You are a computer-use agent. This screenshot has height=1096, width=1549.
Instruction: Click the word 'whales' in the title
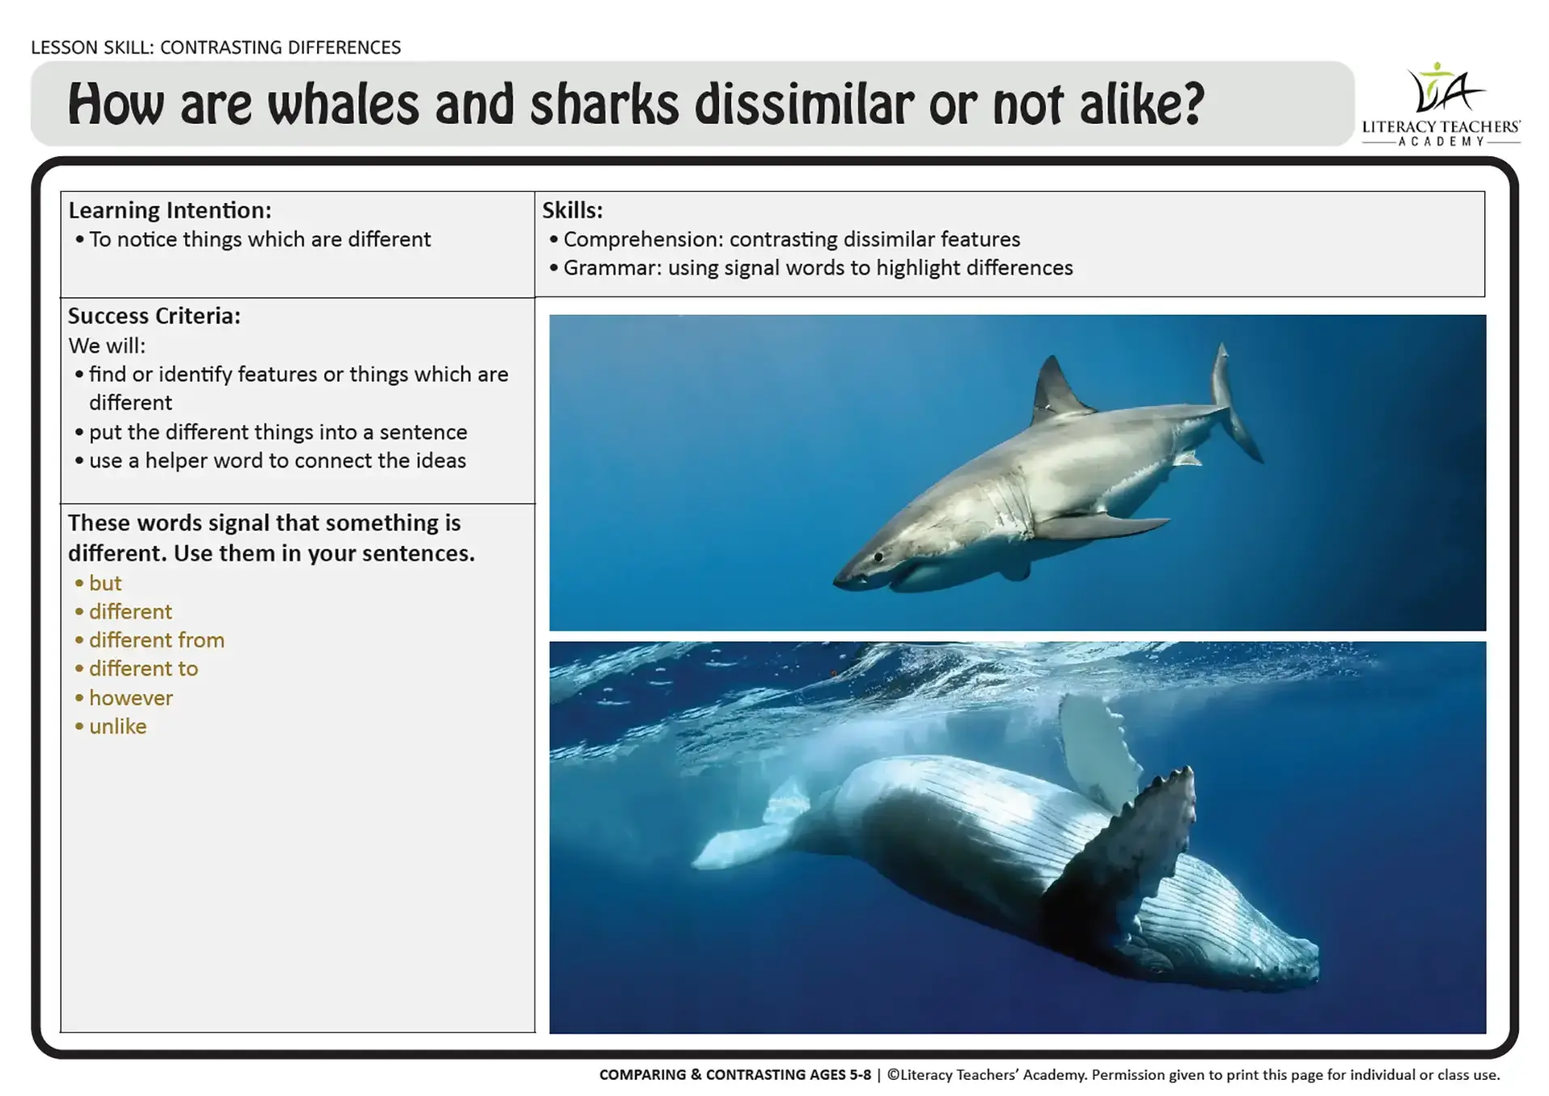(343, 105)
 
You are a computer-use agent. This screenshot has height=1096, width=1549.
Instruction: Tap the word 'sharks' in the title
(604, 105)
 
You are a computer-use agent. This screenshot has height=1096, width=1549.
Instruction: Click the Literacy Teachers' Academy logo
(1441, 104)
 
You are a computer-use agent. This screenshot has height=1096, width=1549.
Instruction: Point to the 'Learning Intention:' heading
(170, 210)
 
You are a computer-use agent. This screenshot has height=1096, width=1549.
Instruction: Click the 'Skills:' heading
(573, 210)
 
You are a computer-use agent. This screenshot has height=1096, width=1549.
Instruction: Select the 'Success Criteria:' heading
(154, 315)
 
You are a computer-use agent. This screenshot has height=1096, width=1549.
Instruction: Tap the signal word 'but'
(105, 583)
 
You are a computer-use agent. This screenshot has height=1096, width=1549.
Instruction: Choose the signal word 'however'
(131, 697)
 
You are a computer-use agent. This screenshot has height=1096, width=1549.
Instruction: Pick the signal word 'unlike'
(118, 726)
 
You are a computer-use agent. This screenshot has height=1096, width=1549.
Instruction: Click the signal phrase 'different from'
(157, 640)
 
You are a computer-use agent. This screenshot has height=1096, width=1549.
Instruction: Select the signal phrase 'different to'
(144, 669)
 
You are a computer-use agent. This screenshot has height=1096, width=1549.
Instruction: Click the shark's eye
(878, 556)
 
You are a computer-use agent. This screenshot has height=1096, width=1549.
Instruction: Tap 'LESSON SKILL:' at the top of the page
(92, 48)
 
